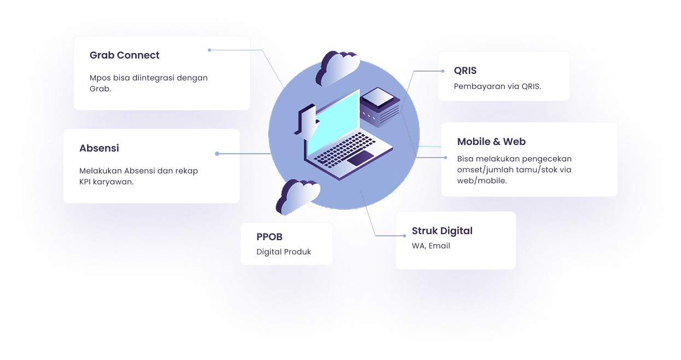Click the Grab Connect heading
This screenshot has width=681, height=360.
pos(124,55)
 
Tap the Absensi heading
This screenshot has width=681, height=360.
pos(99,148)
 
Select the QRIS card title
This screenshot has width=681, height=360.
pos(465,71)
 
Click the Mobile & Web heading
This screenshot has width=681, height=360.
pos(491,141)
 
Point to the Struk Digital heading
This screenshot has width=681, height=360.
pos(442,231)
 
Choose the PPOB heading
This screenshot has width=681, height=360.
pos(269,236)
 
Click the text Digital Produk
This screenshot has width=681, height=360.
pos(284,252)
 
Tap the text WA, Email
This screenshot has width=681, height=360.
pos(431,246)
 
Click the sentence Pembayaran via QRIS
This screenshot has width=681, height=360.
pos(497,86)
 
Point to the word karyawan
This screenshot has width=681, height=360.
pos(113,182)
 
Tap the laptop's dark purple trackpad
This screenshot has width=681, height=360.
pos(360,158)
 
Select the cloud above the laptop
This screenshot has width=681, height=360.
pos(337,68)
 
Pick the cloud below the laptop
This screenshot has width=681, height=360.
pos(298,197)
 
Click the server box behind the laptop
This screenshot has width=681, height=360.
pos(380,107)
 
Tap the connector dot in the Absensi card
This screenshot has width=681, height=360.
pos(217,154)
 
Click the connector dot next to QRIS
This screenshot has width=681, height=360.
pos(443,71)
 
